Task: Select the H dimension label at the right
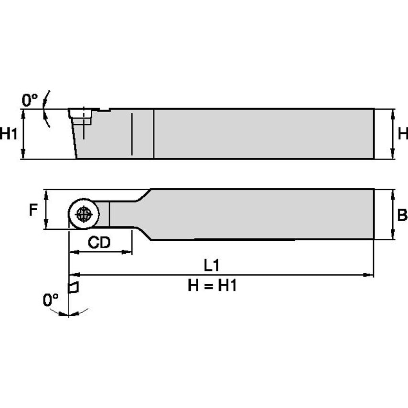coord(402,134)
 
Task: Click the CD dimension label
coord(99,243)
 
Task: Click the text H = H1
coord(212,286)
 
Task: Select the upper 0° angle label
coord(30,100)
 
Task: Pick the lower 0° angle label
coord(51,300)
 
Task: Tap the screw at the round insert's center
coord(84,214)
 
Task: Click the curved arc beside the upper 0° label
coord(46,109)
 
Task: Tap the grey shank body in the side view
coord(263,134)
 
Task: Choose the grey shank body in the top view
coord(263,214)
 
